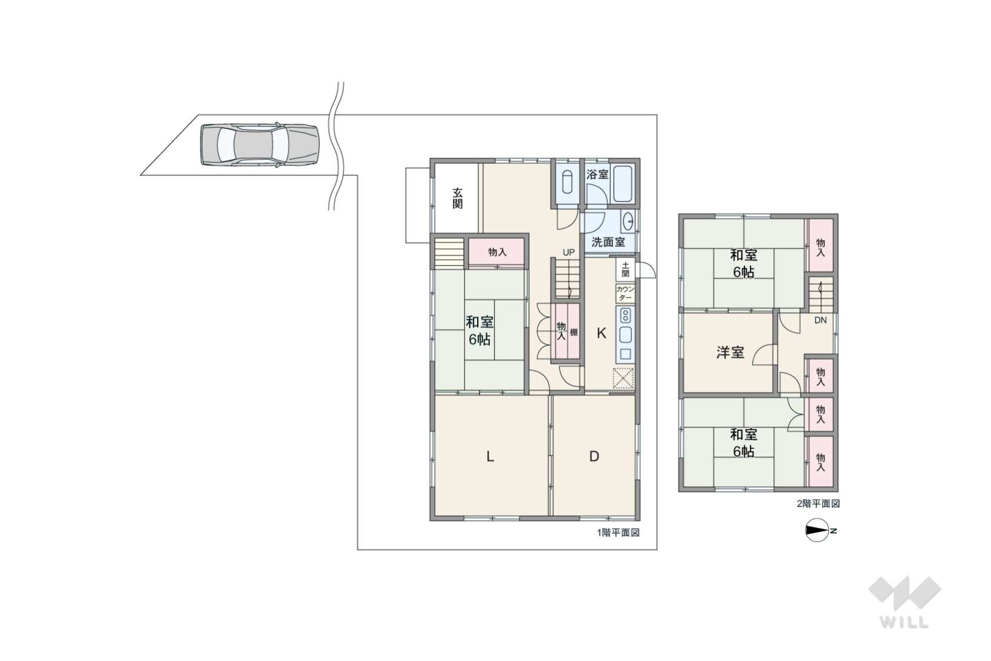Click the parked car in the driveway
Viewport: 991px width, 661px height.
260,144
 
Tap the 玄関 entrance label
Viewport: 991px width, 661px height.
458,198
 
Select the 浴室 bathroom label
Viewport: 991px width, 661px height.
597,174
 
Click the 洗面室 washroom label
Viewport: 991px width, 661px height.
608,242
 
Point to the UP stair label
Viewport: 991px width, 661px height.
568,252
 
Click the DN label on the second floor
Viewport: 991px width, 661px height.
820,320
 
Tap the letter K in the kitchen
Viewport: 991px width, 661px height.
601,333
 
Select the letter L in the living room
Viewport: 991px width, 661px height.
490,456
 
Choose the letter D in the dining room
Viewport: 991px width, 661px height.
594,456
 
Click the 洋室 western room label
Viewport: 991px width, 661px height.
730,353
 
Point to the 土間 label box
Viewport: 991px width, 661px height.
625,270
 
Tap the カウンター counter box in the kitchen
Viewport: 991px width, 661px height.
625,293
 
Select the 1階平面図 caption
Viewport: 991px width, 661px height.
618,533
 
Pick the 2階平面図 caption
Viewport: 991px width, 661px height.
818,504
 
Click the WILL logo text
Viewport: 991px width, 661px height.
905,622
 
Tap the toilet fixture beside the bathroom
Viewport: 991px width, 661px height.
567,182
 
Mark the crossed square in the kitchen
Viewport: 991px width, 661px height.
623,379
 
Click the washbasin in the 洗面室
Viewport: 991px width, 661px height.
628,221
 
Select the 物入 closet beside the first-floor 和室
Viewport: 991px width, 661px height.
497,252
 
